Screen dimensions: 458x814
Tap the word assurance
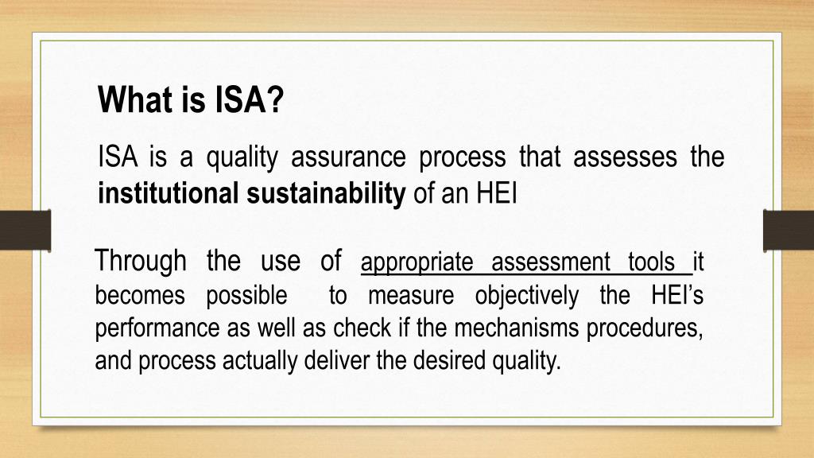pyautogui.click(x=347, y=157)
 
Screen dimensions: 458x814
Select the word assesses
pyautogui.click(x=625, y=157)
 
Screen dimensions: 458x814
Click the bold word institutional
pyautogui.click(x=168, y=193)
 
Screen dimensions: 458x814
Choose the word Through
pyautogui.click(x=141, y=261)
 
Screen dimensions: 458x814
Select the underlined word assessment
pyautogui.click(x=551, y=262)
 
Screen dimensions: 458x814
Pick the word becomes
pyautogui.click(x=140, y=297)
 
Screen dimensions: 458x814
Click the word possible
pyautogui.click(x=246, y=297)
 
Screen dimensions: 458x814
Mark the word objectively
pyautogui.click(x=526, y=297)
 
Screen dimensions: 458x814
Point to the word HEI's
pyautogui.click(x=677, y=296)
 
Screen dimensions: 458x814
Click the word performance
pyautogui.click(x=149, y=328)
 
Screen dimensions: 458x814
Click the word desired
pyautogui.click(x=446, y=360)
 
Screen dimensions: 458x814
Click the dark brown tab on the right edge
pyautogui.click(x=788, y=230)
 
